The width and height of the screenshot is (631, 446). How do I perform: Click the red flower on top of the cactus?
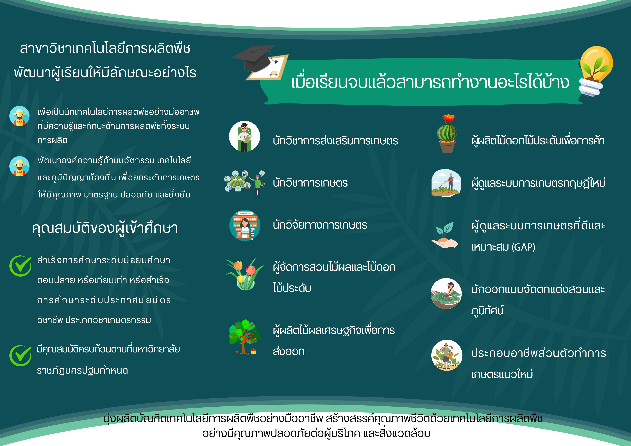tap(448, 118)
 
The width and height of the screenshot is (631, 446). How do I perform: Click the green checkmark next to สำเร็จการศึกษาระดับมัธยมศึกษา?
tap(20, 266)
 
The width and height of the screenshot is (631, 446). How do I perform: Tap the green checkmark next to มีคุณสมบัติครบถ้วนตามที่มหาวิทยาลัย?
tap(20, 356)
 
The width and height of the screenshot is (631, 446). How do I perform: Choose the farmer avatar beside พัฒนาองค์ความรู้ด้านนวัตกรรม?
tap(19, 166)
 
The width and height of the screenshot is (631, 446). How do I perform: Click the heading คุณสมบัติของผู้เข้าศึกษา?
tap(105, 228)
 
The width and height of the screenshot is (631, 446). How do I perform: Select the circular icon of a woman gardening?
tap(446, 293)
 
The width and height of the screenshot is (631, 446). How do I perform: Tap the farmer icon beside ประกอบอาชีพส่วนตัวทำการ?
tap(447, 355)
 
